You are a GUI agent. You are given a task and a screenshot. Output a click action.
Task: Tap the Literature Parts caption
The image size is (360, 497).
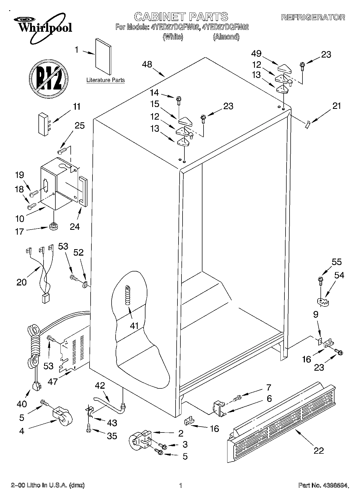(105, 80)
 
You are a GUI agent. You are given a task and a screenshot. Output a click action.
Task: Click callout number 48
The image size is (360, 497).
(148, 65)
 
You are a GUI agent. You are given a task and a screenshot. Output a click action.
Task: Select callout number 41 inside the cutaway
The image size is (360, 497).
(134, 326)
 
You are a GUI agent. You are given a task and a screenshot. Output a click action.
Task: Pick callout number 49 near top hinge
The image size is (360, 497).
(256, 53)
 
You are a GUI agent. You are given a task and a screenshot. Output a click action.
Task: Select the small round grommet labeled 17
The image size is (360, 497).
(54, 226)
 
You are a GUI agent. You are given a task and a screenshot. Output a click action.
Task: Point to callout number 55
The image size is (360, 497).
(337, 262)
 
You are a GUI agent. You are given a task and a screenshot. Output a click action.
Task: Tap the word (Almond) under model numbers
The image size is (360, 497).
(226, 37)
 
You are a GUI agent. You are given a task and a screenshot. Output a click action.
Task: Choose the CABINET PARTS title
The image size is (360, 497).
(181, 17)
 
